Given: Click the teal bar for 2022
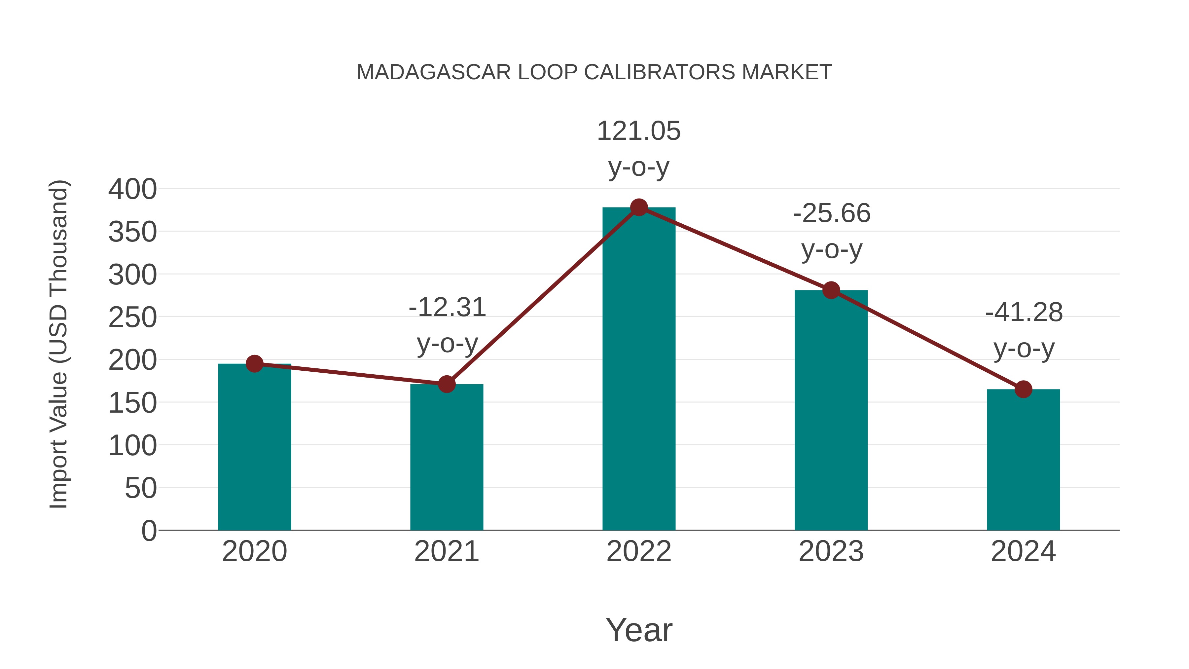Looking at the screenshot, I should [639, 369].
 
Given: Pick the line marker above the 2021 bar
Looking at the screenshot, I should [446, 384].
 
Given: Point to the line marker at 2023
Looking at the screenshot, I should [831, 290].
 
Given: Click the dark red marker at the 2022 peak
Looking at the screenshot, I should [639, 207].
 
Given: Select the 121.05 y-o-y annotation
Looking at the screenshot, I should [639, 148].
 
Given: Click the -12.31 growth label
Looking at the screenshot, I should [447, 325].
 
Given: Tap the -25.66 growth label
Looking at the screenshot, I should [832, 231].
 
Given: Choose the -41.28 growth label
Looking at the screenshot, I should [1024, 330].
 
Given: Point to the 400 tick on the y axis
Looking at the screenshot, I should [132, 189].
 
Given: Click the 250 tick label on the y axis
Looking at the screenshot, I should [132, 317].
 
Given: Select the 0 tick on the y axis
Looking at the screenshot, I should [149, 531].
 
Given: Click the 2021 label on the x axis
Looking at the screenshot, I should [446, 551].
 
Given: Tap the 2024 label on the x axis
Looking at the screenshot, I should [1023, 551].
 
